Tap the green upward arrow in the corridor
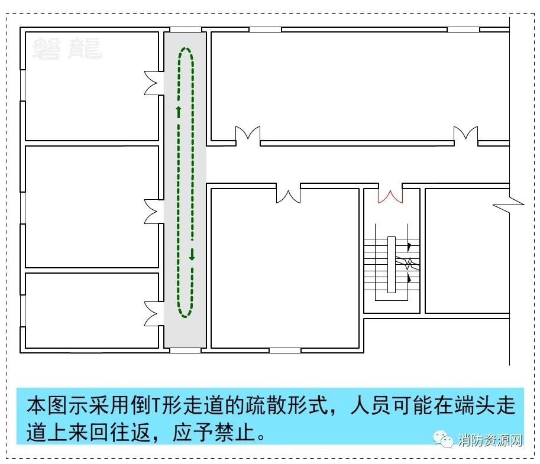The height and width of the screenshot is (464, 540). (x=179, y=112)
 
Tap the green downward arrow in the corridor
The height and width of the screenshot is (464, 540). (x=192, y=254)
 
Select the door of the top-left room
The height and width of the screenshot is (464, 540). (x=151, y=83)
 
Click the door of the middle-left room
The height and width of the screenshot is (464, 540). (x=151, y=212)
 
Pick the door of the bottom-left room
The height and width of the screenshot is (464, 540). (x=151, y=314)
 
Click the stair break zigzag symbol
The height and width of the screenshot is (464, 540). (x=408, y=263)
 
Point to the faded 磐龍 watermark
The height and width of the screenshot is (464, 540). (x=67, y=49)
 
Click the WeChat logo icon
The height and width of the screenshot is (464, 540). (x=443, y=439)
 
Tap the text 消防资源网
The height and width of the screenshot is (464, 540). (x=490, y=440)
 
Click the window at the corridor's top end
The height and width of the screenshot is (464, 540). (x=186, y=30)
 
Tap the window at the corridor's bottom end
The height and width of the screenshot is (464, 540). (x=186, y=351)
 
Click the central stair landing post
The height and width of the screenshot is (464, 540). (x=391, y=265)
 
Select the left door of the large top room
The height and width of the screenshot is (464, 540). (x=248, y=134)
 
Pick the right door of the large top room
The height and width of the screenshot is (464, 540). (x=465, y=134)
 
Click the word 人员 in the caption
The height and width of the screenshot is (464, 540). (x=371, y=405)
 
